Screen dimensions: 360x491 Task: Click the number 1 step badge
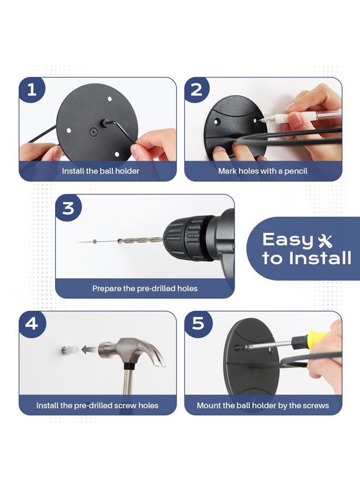point(32,90)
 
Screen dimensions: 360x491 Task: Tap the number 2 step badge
point(196,90)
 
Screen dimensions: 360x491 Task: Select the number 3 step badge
point(69,208)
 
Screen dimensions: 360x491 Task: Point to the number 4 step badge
point(32,324)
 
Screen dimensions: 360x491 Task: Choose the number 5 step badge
point(198,324)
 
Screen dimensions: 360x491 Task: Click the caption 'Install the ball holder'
point(100,171)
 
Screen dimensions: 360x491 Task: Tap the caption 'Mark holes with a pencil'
point(263,171)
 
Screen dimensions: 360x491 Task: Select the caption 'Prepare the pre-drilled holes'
point(145,289)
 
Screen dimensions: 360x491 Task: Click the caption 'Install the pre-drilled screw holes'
point(97,405)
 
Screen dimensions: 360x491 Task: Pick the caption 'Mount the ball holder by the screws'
point(263,405)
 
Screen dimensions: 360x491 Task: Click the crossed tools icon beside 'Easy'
point(325,241)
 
